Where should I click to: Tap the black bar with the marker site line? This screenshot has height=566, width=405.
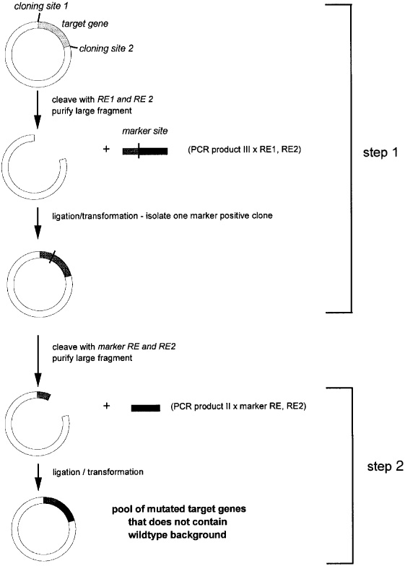point(144,151)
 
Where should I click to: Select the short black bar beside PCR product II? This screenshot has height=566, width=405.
point(145,408)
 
